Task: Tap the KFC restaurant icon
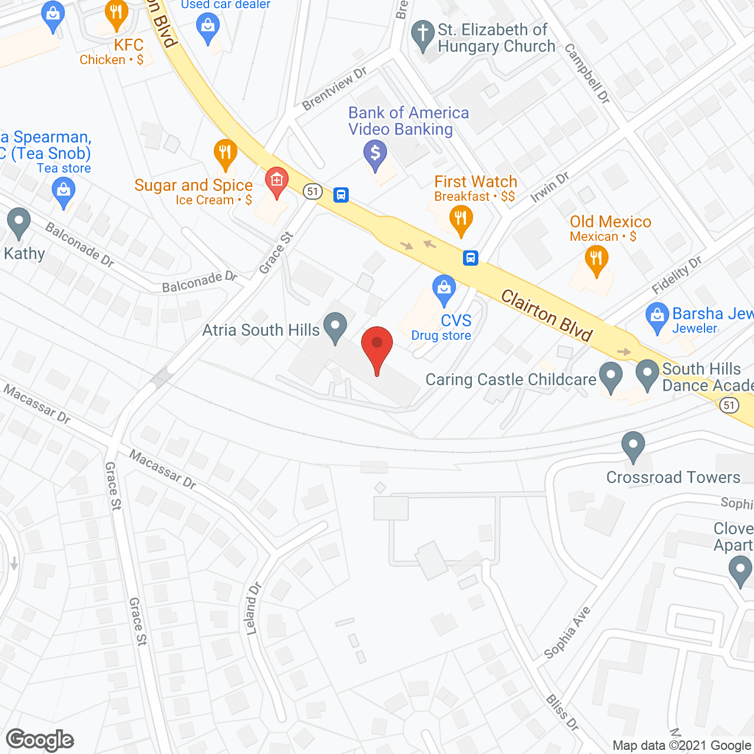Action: pyautogui.click(x=116, y=15)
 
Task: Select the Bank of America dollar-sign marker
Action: pyautogui.click(x=375, y=153)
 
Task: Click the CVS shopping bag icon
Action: pyautogui.click(x=444, y=289)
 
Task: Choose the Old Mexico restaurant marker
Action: pyautogui.click(x=596, y=259)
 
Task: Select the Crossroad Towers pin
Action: pyautogui.click(x=633, y=445)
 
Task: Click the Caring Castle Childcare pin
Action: pyautogui.click(x=610, y=375)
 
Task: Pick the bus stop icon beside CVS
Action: pyautogui.click(x=470, y=257)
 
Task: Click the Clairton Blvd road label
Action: pyautogui.click(x=546, y=315)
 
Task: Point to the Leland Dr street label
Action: pyautogui.click(x=253, y=609)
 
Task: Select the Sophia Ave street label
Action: pyautogui.click(x=567, y=633)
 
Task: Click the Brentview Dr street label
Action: pyautogui.click(x=334, y=88)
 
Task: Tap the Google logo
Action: pyautogui.click(x=40, y=740)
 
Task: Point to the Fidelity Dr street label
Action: pyautogui.click(x=677, y=275)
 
